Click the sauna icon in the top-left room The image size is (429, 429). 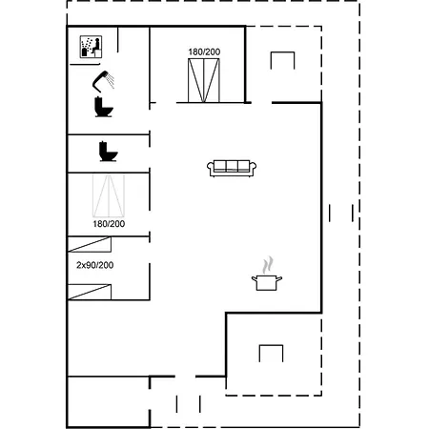[91, 47]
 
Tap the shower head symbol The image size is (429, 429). [103, 81]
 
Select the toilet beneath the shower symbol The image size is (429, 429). [104, 107]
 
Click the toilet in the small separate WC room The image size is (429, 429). [109, 152]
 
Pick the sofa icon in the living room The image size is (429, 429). [232, 168]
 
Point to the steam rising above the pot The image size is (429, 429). [268, 265]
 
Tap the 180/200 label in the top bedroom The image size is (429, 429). [204, 51]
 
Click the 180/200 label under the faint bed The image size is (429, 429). [109, 224]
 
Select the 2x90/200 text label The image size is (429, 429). [95, 265]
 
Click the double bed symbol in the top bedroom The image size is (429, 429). [204, 80]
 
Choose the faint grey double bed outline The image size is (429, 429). [109, 195]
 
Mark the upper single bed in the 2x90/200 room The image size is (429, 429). [90, 244]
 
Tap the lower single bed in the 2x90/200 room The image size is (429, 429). [90, 292]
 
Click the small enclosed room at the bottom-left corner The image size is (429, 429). [109, 402]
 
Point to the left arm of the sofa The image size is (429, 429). [211, 168]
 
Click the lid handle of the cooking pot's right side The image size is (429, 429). [278, 279]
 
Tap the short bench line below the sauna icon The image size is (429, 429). [85, 64]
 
